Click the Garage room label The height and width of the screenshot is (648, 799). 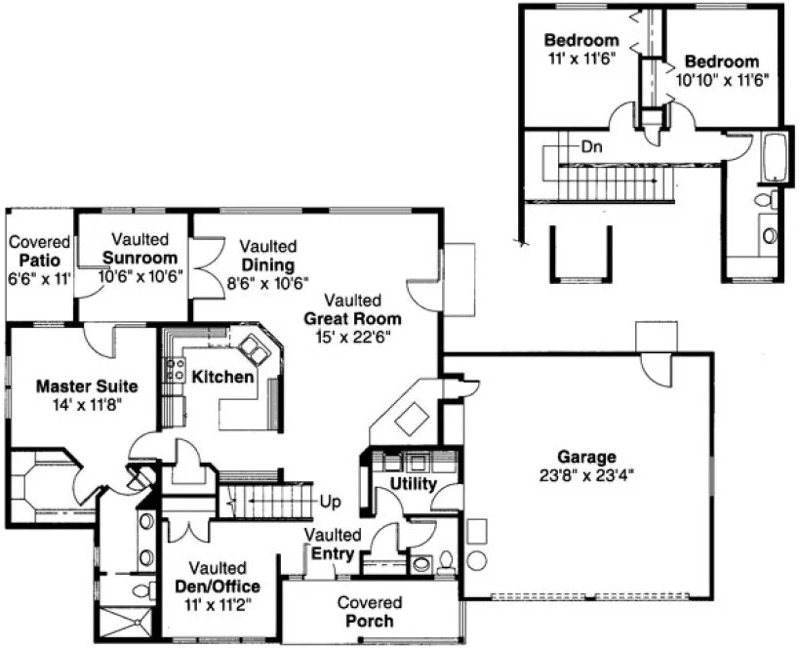pyautogui.click(x=586, y=456)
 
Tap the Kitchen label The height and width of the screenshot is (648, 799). pyautogui.click(x=222, y=377)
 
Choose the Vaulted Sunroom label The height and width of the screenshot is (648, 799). pyautogui.click(x=140, y=258)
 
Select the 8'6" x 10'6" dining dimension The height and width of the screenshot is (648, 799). pyautogui.click(x=267, y=282)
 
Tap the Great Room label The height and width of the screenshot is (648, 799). pyautogui.click(x=352, y=318)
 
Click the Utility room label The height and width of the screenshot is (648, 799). pyautogui.click(x=413, y=483)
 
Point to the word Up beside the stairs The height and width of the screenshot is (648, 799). pyautogui.click(x=330, y=502)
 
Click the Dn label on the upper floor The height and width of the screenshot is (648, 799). pyautogui.click(x=591, y=147)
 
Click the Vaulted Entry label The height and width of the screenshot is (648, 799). pyautogui.click(x=334, y=546)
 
